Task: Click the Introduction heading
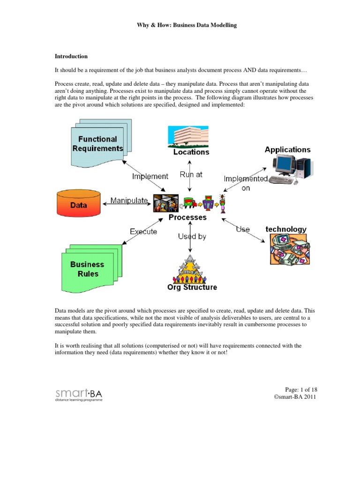pyautogui.click(x=71, y=56)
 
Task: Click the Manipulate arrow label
pyautogui.click(x=129, y=201)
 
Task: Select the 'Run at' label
pyautogui.click(x=191, y=174)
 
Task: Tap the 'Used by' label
pyautogui.click(x=192, y=237)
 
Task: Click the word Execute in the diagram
pyautogui.click(x=143, y=232)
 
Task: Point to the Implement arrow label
pyautogui.click(x=150, y=176)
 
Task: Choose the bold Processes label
pyautogui.click(x=187, y=217)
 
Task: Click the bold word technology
pyautogui.click(x=286, y=229)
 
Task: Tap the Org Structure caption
pyautogui.click(x=192, y=287)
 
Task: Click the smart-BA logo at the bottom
pyautogui.click(x=78, y=394)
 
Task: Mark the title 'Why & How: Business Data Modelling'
pyautogui.click(x=180, y=25)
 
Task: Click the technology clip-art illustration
pyautogui.click(x=289, y=250)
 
